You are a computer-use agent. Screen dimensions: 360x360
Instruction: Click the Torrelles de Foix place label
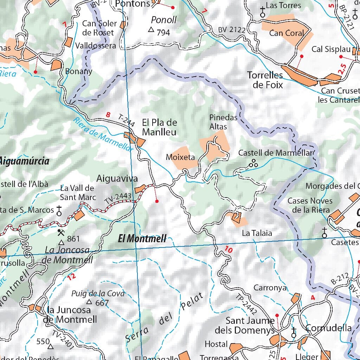265,80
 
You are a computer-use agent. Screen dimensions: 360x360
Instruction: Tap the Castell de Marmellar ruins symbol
253,163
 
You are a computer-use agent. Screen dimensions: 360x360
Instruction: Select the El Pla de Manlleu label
159,127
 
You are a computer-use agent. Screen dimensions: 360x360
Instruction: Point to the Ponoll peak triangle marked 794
152,30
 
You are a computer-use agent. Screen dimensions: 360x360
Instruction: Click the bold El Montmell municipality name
142,239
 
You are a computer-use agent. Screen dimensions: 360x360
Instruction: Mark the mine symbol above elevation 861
61,232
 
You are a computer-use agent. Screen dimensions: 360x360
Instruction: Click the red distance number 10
229,250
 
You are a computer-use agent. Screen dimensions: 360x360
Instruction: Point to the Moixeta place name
180,157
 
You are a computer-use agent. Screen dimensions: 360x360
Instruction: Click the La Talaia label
257,233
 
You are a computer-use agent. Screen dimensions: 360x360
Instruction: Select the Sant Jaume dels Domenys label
250,326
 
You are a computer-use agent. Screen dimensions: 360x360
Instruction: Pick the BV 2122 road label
231,30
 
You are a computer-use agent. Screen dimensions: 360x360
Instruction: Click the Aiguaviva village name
117,179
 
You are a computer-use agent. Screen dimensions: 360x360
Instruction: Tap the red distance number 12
71,277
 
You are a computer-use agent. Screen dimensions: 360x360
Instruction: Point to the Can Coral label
286,33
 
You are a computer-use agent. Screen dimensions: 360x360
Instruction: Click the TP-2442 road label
247,303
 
